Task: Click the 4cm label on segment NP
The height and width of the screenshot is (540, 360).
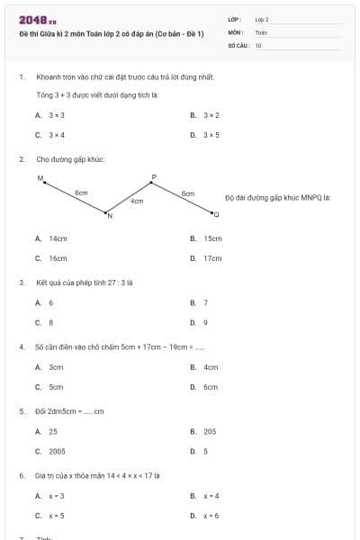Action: pos(137,202)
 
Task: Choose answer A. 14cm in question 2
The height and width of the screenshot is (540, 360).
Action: pos(52,238)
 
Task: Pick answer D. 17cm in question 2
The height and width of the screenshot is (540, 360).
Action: pos(207,258)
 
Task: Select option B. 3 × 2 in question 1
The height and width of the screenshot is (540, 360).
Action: pos(206,115)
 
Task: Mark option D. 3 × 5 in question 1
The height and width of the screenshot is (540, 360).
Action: pos(206,135)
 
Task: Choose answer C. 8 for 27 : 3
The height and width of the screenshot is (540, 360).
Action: pos(45,322)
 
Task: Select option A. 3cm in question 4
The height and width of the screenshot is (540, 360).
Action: pos(50,367)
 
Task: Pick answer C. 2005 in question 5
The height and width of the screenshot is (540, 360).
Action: pos(51,451)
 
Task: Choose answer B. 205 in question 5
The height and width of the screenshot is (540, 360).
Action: pos(204,431)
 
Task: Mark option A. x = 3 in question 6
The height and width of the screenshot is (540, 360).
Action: pos(50,496)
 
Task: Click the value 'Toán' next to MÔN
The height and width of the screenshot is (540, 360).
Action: pos(262,31)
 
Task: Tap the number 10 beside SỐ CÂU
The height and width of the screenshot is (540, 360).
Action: pos(258,44)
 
